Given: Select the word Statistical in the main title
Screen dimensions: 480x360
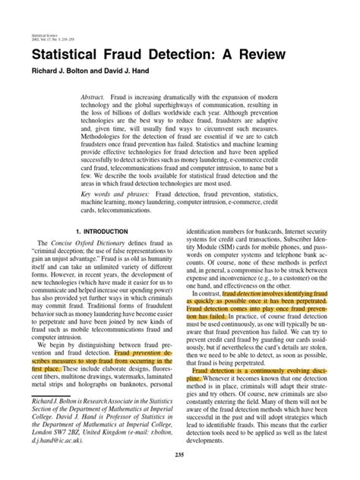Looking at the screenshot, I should click(68, 57).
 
